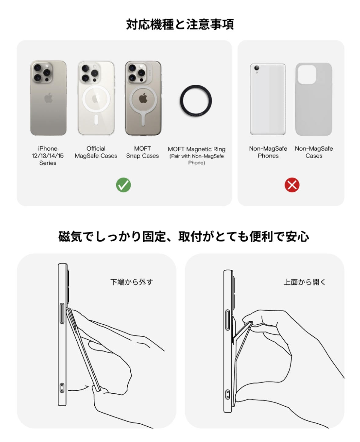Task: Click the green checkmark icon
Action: click(123, 185)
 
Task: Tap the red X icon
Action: click(292, 185)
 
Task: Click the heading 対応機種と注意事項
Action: click(180, 24)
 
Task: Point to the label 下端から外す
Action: click(132, 282)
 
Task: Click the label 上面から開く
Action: click(304, 282)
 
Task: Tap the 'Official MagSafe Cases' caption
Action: click(96, 152)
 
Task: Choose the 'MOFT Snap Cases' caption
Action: click(143, 152)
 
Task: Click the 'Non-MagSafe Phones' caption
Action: click(268, 152)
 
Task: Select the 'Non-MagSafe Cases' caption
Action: click(314, 152)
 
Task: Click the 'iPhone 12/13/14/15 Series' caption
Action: click(48, 156)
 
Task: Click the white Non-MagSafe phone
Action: click(268, 99)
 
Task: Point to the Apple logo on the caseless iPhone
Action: click(49, 98)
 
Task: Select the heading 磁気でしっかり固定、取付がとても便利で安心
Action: click(184, 236)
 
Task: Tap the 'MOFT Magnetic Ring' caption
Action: click(197, 149)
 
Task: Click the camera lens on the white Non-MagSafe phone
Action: click(257, 68)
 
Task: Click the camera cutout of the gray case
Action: click(307, 74)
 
